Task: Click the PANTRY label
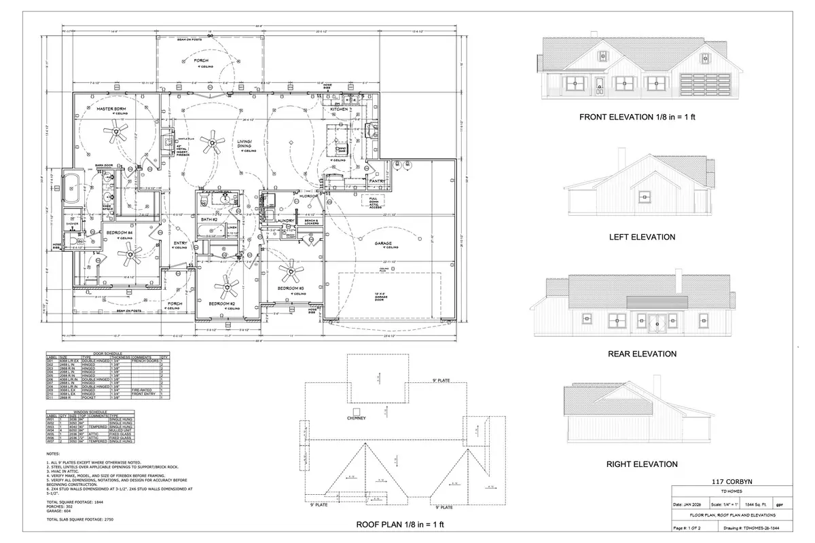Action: pyautogui.click(x=378, y=181)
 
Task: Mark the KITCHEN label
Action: pyautogui.click(x=339, y=109)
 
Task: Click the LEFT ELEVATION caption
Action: pyautogui.click(x=642, y=238)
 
